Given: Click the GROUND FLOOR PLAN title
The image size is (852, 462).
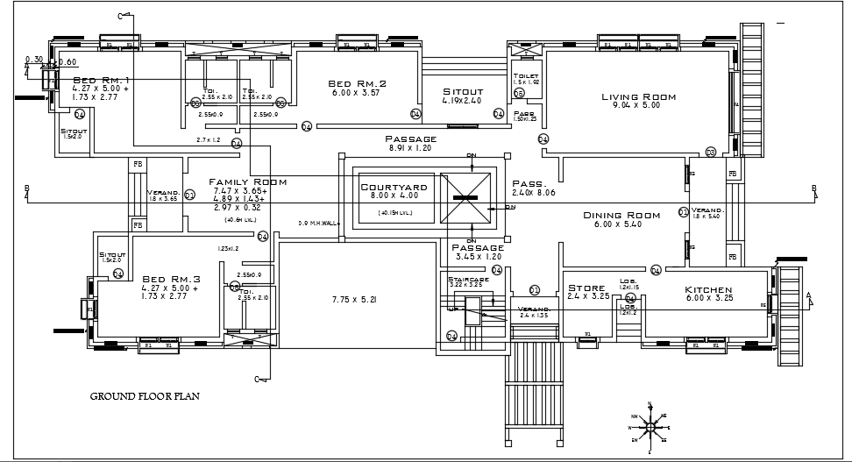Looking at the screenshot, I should [x=146, y=396].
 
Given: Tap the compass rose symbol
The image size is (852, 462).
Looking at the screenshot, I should [x=650, y=426].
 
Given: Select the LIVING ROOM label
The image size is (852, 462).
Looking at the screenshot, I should [x=638, y=97].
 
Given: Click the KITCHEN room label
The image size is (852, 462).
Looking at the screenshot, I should [x=709, y=289].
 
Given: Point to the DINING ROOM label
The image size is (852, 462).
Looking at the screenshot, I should [x=621, y=215].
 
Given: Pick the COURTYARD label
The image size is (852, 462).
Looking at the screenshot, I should [x=394, y=187].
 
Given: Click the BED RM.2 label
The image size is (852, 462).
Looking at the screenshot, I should [x=357, y=82].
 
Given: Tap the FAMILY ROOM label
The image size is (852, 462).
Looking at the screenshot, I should [x=248, y=182].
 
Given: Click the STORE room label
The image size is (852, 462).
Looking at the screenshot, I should [x=587, y=288].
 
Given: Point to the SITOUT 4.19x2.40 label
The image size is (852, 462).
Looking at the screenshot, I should [x=462, y=91].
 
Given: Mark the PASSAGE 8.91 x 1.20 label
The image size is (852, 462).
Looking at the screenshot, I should [x=410, y=139].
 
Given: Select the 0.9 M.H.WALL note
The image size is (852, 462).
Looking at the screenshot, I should [x=319, y=223].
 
